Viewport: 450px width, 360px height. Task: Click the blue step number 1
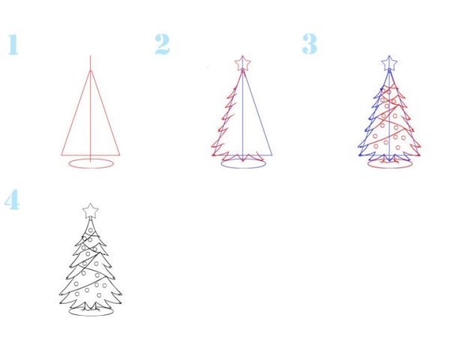13,44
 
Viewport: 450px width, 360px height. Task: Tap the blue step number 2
162,44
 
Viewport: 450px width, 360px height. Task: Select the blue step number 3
310,44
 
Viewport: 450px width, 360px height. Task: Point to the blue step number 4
12,199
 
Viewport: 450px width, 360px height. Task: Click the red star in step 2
243,63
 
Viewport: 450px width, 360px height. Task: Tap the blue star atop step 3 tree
389,63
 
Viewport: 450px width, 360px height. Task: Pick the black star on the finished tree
91,211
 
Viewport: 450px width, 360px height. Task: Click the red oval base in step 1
91,163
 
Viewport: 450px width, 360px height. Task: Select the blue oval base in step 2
243,163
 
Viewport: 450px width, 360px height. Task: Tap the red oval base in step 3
390,163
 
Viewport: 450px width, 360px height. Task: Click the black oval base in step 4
91,312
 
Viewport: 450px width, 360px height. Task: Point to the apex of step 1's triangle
91,70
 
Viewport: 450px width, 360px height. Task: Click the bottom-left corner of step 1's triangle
61,155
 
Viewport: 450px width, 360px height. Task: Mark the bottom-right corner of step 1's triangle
120,155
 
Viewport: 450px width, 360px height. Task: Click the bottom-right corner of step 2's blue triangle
272,155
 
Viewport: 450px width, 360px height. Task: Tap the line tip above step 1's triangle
91,55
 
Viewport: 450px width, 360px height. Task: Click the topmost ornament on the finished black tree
91,230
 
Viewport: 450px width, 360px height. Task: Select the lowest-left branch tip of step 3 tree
359,155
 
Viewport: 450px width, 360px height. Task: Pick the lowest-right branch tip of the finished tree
121,303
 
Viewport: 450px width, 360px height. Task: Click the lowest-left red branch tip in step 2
213,155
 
